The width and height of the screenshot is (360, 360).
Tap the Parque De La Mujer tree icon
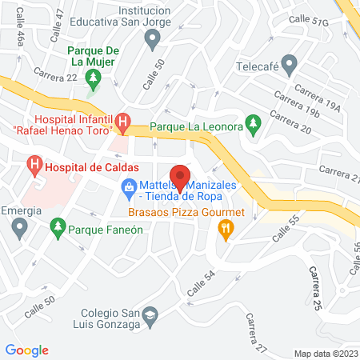click(93, 78)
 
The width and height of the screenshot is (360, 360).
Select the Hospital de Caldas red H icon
click(34, 166)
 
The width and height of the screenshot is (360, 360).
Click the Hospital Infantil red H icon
click(122, 122)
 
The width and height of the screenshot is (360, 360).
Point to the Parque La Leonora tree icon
click(254, 122)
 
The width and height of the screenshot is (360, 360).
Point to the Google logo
click(27, 350)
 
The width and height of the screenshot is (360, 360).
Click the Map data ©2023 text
click(325, 353)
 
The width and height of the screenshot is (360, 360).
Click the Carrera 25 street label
click(316, 290)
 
